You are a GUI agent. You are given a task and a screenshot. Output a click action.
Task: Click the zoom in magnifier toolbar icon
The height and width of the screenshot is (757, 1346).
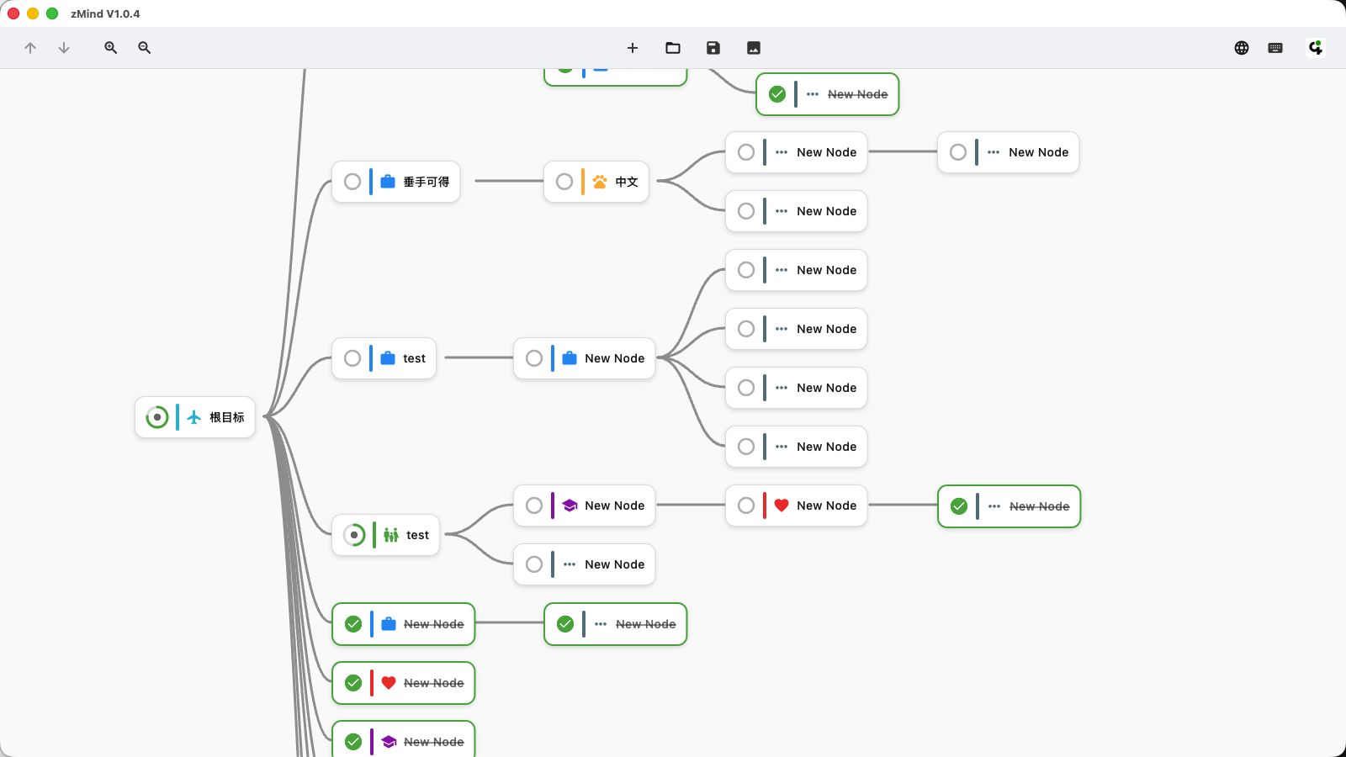tap(110, 48)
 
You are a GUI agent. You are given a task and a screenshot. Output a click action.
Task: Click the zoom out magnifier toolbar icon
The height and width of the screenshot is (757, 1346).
tap(145, 48)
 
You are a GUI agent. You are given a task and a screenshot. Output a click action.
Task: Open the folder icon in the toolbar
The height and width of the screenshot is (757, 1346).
tap(673, 48)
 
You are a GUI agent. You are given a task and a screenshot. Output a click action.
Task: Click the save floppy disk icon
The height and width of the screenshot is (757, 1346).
tap(713, 48)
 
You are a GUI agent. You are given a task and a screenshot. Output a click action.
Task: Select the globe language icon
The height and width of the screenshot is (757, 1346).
tap(1242, 48)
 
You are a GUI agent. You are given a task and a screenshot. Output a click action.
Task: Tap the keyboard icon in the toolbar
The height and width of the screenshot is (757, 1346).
tap(1275, 48)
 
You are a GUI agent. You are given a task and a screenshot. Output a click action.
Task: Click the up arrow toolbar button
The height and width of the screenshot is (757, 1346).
tap(30, 48)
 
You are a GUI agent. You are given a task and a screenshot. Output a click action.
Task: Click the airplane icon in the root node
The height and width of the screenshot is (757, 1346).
tap(194, 417)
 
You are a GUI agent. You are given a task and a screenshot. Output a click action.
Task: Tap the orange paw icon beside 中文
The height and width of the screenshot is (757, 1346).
tap(600, 182)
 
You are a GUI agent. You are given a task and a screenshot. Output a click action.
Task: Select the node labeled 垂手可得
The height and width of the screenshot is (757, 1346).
tap(426, 182)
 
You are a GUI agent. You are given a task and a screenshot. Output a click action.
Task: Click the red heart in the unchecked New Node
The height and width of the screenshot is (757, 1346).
tap(782, 506)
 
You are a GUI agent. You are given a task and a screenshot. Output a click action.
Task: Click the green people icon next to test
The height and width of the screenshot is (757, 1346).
tap(391, 535)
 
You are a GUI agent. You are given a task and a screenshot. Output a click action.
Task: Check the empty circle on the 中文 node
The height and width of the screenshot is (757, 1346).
tap(564, 182)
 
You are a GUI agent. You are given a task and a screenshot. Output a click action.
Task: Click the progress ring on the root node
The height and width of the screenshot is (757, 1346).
tap(157, 417)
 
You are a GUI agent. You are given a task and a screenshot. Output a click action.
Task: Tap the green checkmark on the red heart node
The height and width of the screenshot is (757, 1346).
tap(353, 683)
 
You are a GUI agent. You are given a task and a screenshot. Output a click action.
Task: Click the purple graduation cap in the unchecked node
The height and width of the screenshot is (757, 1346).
tap(570, 506)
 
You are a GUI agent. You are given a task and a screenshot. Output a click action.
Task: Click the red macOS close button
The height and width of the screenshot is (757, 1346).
tap(13, 13)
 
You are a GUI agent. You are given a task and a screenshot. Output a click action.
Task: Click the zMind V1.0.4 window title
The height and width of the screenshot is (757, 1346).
tap(105, 13)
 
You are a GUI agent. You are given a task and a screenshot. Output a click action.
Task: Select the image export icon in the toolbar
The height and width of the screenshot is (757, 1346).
tap(754, 48)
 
